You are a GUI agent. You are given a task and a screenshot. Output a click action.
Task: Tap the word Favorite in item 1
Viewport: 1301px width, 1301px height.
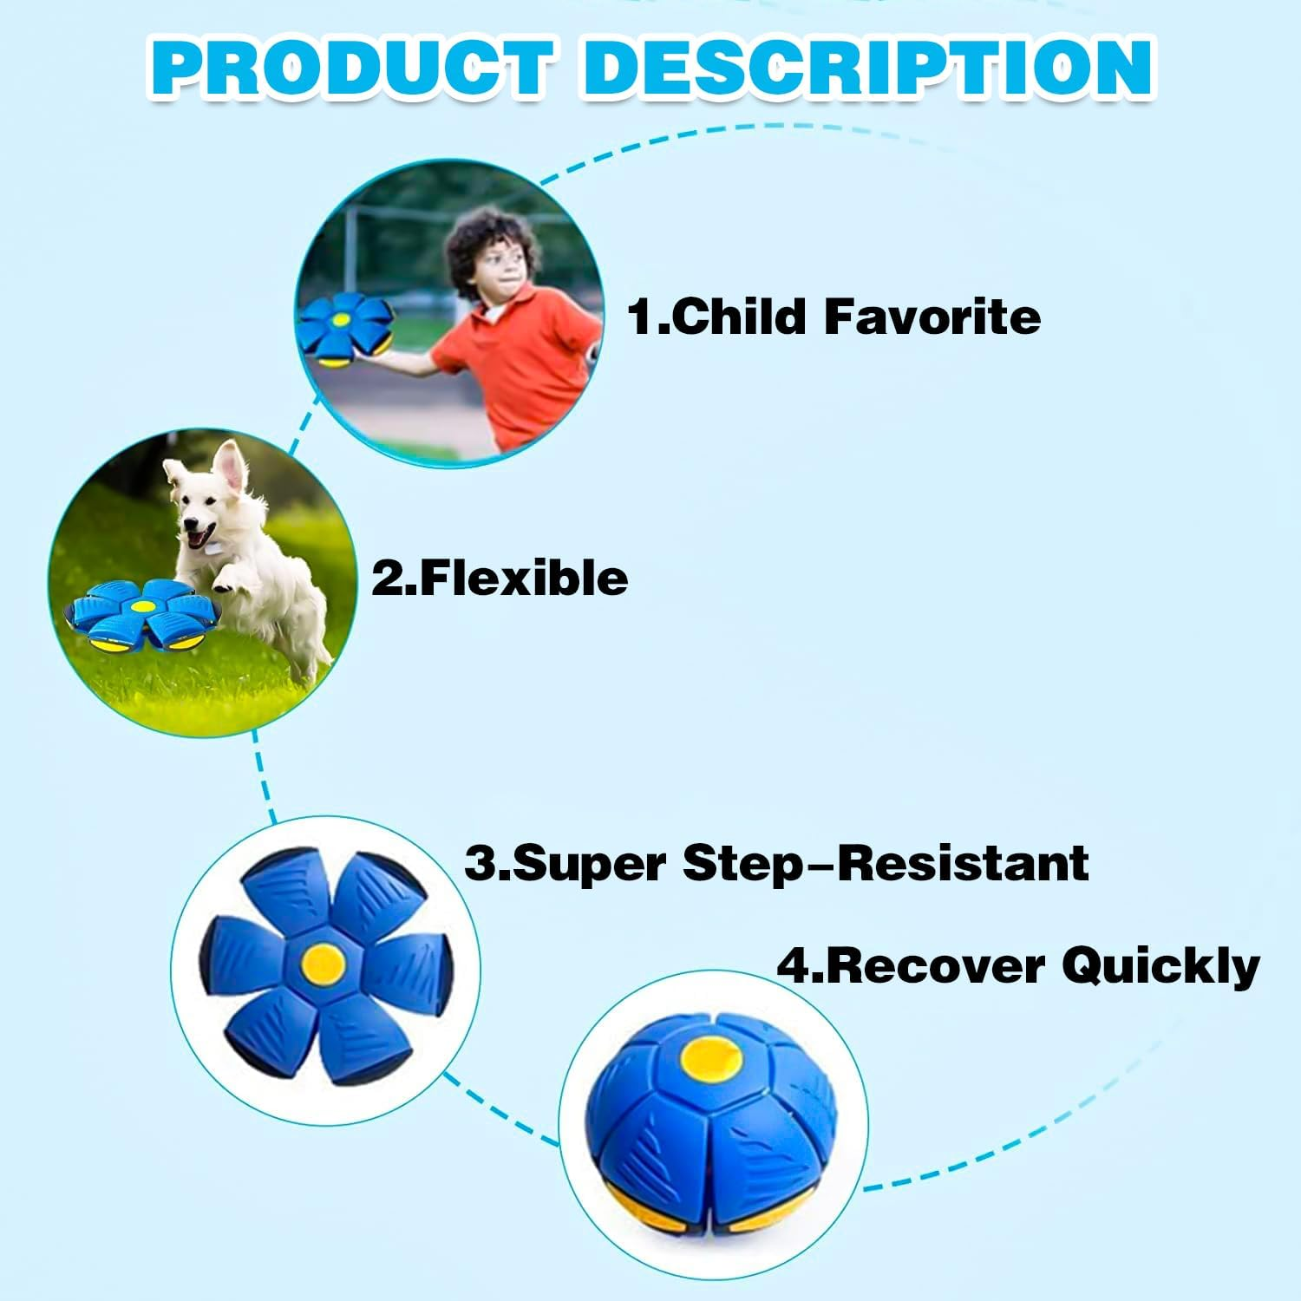(x=932, y=316)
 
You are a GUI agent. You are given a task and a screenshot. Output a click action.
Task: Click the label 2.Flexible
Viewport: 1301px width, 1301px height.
(x=500, y=578)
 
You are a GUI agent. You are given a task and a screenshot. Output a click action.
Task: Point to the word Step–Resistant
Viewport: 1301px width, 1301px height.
(x=885, y=863)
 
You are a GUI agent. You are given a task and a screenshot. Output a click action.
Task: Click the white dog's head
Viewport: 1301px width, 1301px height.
(x=204, y=503)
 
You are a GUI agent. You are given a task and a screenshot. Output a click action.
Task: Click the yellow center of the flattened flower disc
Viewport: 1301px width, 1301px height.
(x=324, y=961)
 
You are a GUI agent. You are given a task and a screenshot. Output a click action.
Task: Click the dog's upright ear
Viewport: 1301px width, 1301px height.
(x=231, y=464)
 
